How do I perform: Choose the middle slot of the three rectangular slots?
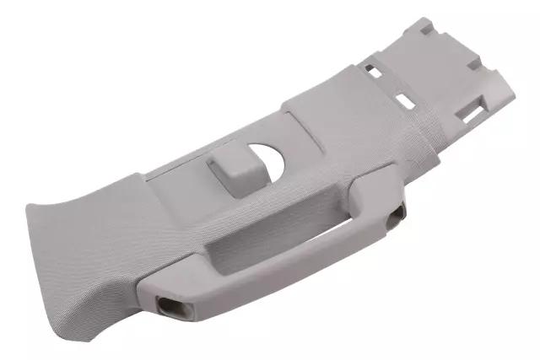(x=405, y=101)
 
